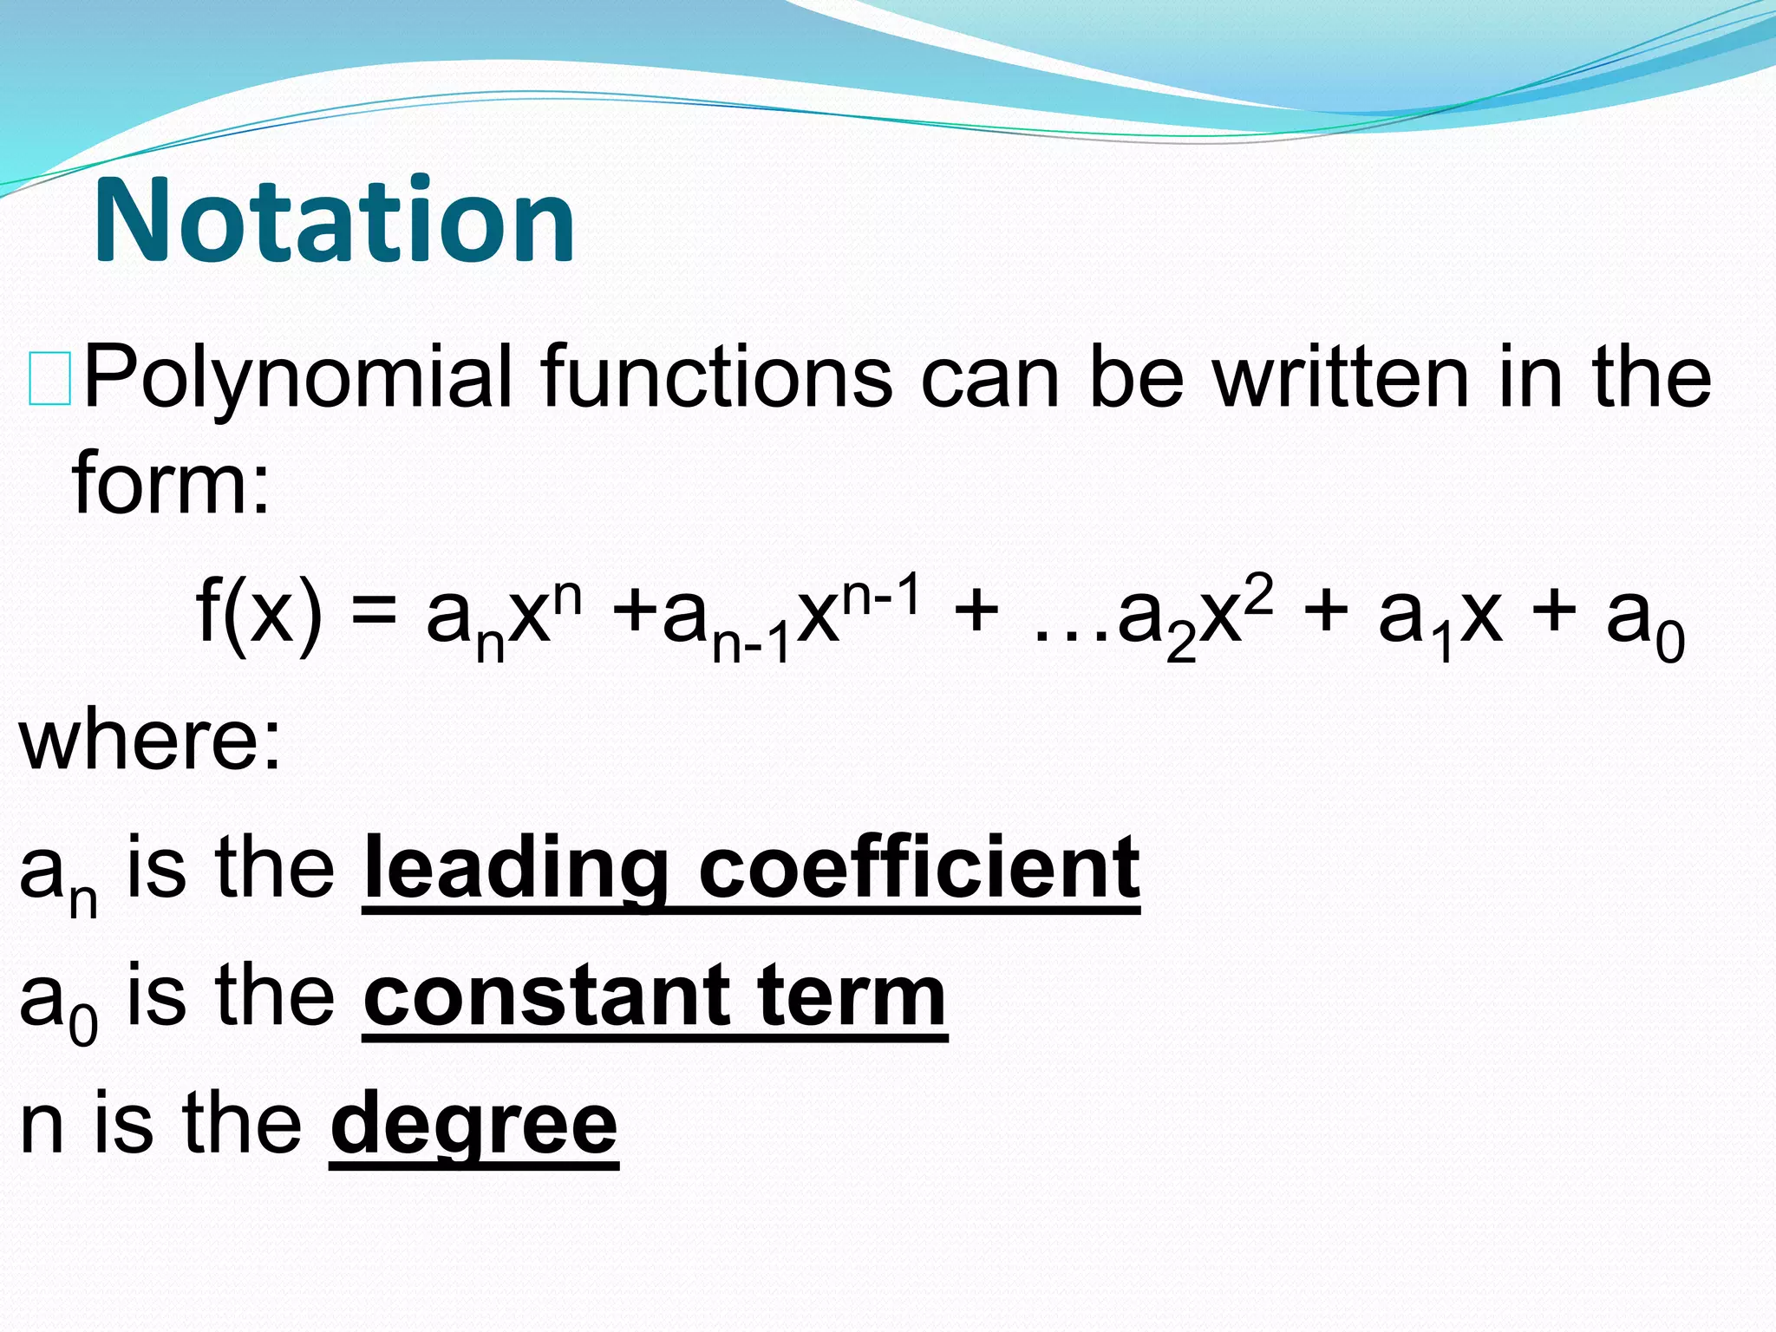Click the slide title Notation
pos(334,221)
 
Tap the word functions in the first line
pos(715,377)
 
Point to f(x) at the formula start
pos(258,612)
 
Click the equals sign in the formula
pos(373,614)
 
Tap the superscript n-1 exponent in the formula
pos(880,597)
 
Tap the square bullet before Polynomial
pos(49,379)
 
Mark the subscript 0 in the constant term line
pos(83,1027)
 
